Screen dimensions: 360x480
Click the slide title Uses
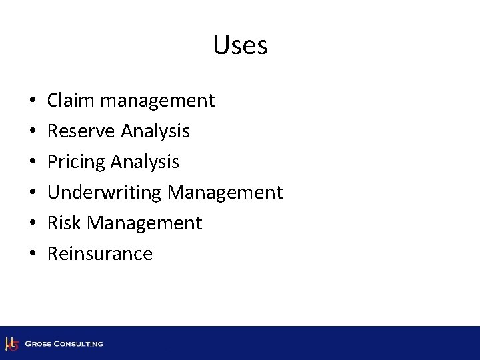240,46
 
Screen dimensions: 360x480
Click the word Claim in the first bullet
70,101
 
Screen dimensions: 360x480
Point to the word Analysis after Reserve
155,132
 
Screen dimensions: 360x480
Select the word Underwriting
105,193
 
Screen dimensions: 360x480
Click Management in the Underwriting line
225,193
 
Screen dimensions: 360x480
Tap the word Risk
65,223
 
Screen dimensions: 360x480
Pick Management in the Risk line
145,223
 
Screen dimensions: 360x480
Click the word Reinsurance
100,254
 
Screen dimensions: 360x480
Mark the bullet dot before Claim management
33,101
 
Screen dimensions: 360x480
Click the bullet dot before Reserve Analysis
33,132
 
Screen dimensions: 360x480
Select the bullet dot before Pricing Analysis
33,163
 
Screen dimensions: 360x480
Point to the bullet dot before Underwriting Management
33,193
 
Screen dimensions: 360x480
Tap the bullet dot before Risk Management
33,224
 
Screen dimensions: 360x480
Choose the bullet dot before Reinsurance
33,255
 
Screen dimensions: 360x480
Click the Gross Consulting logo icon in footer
11,344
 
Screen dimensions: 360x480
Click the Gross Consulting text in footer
64,344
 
